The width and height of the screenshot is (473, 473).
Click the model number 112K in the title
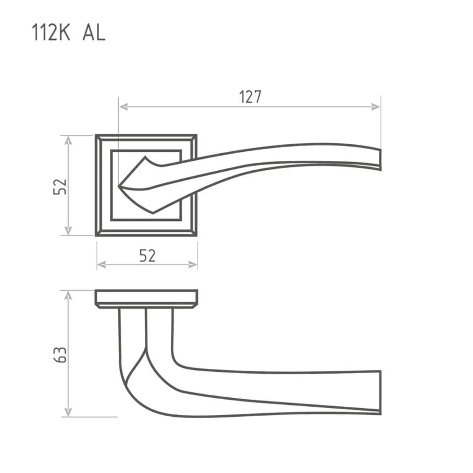pyautogui.click(x=51, y=32)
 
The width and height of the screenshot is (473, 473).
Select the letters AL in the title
pyautogui.click(x=94, y=32)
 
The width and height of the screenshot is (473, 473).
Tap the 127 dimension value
pyautogui.click(x=250, y=97)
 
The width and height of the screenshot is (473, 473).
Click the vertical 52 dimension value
pyautogui.click(x=60, y=186)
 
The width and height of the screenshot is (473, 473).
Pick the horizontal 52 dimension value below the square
pyautogui.click(x=148, y=255)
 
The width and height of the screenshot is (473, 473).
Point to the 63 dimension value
pyautogui.click(x=60, y=355)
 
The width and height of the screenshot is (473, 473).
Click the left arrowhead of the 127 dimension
pyautogui.click(x=123, y=106)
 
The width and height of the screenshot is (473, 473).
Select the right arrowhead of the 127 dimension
pyautogui.click(x=376, y=106)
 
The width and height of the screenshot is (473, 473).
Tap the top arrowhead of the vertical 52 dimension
pyautogui.click(x=69, y=140)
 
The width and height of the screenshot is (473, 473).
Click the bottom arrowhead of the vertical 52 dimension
pyautogui.click(x=69, y=230)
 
